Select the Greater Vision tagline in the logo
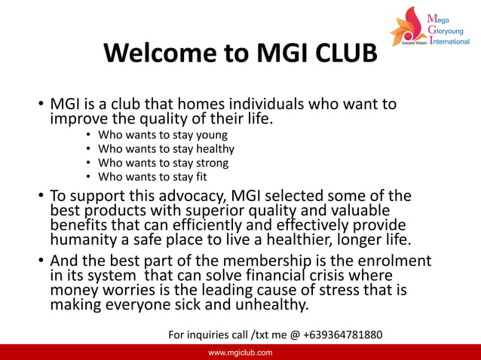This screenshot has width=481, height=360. tap(413, 42)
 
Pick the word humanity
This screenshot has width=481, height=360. tap(84, 240)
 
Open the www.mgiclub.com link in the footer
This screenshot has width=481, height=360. tap(240, 352)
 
